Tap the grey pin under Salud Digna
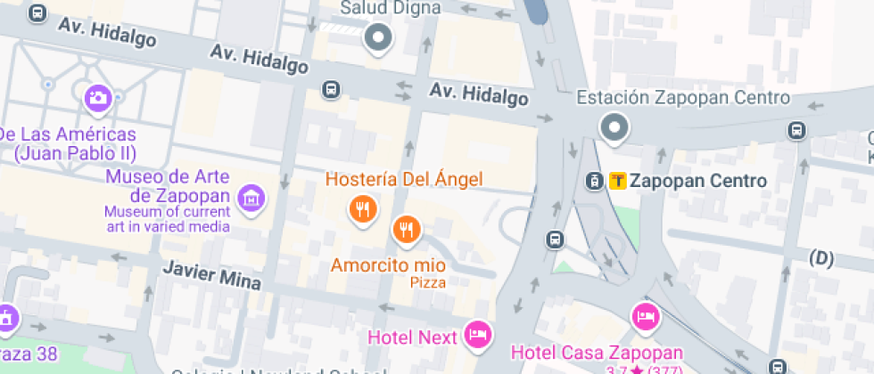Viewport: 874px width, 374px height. pos(380,37)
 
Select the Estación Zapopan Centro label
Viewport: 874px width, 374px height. pos(682,98)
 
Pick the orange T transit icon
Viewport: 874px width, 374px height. pos(617,181)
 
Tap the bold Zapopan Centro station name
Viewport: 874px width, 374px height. pos(697,181)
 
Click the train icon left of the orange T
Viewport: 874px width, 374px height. pos(593,181)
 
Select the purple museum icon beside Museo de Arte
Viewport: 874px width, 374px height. pos(252,198)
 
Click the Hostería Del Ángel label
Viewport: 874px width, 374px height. pos(404,179)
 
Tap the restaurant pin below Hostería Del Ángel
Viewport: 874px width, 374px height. pos(362,209)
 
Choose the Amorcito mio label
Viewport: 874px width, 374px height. pos(388,265)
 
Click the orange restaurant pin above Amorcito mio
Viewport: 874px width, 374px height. pos(406,229)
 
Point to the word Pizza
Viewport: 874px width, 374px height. pos(427,283)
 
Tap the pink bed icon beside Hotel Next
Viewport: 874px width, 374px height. pos(477,335)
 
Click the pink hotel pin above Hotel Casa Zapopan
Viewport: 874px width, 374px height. pos(645,315)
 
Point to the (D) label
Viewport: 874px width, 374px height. pos(820,258)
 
